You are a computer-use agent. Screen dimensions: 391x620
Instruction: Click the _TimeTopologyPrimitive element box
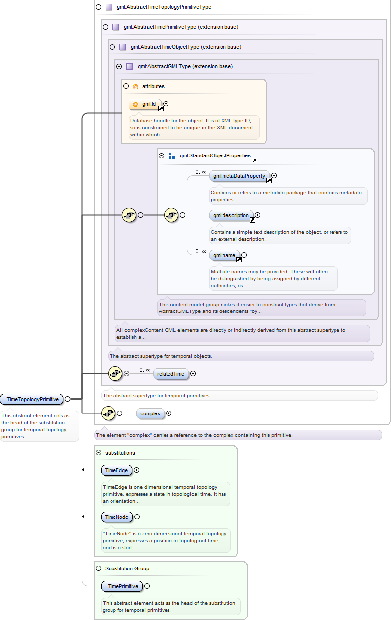click(x=32, y=399)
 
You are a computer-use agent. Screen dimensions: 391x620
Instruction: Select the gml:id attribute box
click(x=145, y=104)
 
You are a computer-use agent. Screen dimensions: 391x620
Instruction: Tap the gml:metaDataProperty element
click(x=239, y=176)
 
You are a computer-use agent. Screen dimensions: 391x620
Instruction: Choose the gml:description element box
click(x=231, y=215)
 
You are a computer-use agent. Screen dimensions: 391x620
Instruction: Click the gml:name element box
click(x=224, y=255)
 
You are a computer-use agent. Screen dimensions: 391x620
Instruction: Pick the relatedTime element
click(x=171, y=374)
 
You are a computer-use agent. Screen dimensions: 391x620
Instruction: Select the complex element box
click(x=150, y=413)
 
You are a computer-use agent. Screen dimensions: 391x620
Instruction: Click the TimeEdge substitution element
click(x=116, y=470)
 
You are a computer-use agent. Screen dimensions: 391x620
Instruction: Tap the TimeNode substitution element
click(x=117, y=517)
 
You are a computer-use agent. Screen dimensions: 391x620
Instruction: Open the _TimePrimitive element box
click(x=122, y=586)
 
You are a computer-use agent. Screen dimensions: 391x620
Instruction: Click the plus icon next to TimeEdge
click(x=136, y=470)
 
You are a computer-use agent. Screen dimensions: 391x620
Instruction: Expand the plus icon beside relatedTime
click(x=193, y=374)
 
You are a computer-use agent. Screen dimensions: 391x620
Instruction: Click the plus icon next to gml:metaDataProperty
click(x=274, y=175)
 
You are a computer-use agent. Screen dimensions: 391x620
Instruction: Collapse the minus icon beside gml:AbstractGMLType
click(x=119, y=66)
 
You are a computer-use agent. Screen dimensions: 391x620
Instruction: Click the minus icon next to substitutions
click(x=98, y=453)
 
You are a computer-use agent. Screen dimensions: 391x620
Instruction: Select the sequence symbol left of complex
click(x=108, y=413)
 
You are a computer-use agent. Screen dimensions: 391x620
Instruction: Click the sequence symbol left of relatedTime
click(x=115, y=374)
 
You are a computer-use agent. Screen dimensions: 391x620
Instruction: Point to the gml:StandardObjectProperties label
click(x=215, y=155)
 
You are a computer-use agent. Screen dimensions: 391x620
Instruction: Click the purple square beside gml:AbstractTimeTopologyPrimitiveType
click(x=109, y=7)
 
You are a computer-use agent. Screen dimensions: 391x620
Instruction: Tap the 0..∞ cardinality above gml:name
click(x=201, y=252)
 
